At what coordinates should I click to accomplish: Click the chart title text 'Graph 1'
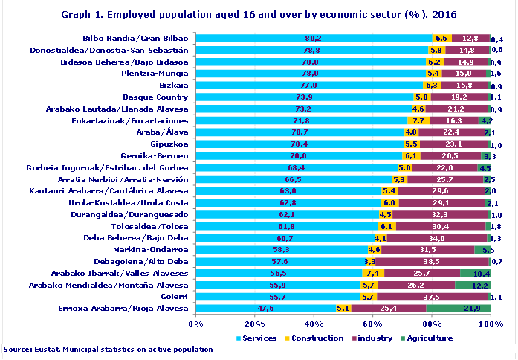click(x=259, y=14)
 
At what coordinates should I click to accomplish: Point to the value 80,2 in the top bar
click(x=313, y=38)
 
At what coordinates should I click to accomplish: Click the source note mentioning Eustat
click(x=108, y=349)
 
